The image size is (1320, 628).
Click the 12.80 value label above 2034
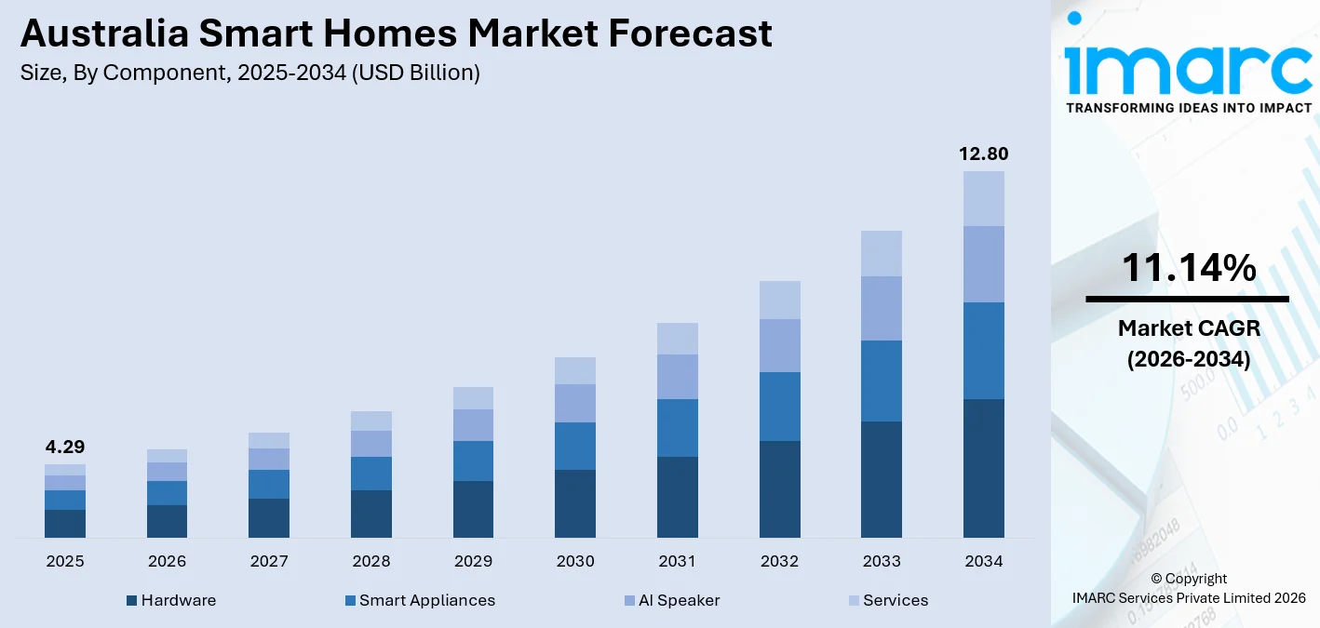tap(983, 154)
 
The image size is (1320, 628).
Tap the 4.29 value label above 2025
tap(64, 448)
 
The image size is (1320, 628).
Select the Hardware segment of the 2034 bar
tap(983, 468)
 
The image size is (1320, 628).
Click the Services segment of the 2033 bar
tap(882, 253)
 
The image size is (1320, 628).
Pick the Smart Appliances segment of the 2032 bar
tap(779, 407)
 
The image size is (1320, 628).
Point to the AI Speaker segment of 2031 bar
tap(677, 377)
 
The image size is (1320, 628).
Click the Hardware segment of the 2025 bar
tap(64, 524)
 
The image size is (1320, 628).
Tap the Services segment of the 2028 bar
tap(370, 421)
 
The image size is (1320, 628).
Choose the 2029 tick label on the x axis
tap(473, 562)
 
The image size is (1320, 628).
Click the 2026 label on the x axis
tap(167, 562)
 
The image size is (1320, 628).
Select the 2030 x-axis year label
tap(575, 562)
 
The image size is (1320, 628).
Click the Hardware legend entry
tap(171, 601)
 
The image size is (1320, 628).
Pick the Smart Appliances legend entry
tap(420, 601)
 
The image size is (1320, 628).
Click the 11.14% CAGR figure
tap(1188, 269)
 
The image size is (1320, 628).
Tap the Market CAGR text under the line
tap(1188, 328)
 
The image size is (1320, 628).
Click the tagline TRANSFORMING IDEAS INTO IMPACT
tap(1188, 108)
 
